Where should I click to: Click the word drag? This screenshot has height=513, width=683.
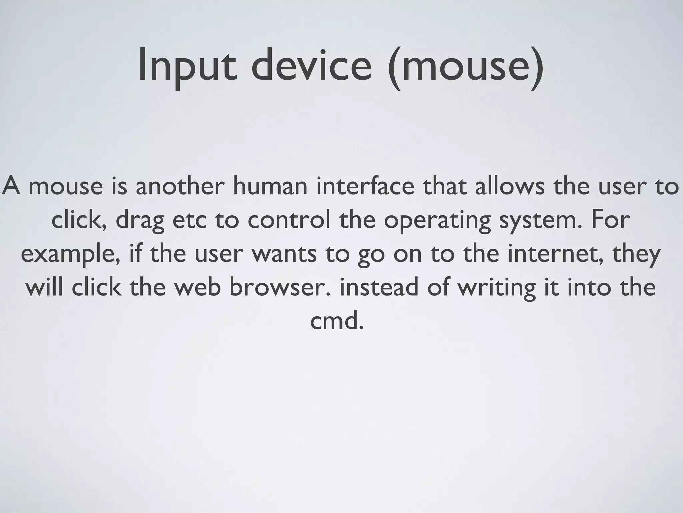140,220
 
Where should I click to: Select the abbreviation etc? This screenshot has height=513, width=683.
190,220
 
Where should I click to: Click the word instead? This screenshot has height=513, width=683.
379,287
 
